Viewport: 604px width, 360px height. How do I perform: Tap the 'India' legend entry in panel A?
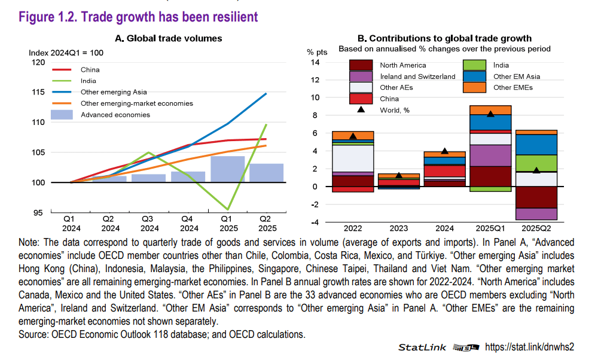pos(89,81)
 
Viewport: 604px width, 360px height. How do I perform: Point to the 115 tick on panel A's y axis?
pos(37,93)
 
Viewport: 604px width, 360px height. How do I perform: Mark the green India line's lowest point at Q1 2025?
pos(228,209)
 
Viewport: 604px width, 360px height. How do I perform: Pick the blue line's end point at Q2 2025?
pos(266,93)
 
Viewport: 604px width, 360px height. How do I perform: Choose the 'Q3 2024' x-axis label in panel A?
pos(150,223)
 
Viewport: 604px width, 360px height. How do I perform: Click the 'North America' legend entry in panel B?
pos(403,65)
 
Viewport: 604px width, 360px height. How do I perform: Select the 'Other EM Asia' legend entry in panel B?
pos(516,77)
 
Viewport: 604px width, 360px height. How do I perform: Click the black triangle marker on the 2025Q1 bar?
pos(490,114)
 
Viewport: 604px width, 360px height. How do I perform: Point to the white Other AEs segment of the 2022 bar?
pos(352,158)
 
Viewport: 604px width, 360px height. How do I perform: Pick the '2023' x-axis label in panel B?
pos(399,228)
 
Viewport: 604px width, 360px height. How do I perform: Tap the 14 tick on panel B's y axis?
pos(316,63)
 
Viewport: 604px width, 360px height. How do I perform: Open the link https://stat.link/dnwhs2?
pos(529,347)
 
